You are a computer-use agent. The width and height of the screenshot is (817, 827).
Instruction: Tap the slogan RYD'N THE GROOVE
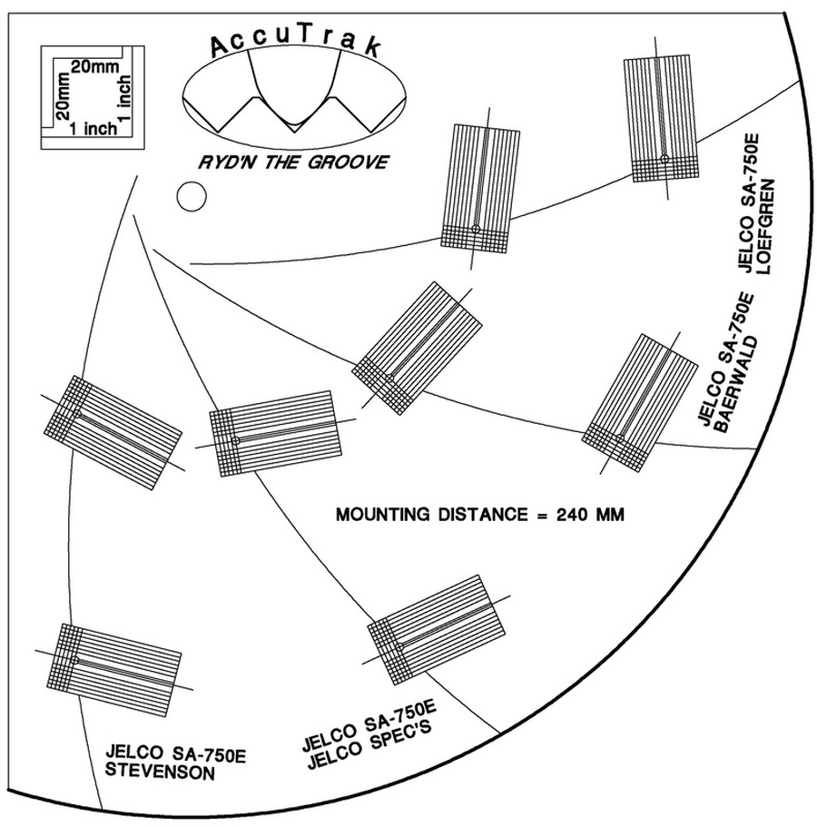[x=294, y=162]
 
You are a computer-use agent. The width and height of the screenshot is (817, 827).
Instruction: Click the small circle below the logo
[x=191, y=196]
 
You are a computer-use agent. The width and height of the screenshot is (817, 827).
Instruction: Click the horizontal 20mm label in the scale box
[x=94, y=68]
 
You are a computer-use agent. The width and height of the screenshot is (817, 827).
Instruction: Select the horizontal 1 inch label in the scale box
[x=93, y=129]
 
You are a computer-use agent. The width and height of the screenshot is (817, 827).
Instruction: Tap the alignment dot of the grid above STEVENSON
[x=75, y=660]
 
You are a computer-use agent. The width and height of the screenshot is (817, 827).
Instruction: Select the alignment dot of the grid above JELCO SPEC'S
[x=398, y=645]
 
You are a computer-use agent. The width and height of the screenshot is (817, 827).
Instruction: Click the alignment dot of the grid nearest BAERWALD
[x=620, y=439]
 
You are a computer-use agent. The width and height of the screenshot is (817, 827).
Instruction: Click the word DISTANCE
[x=483, y=516]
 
